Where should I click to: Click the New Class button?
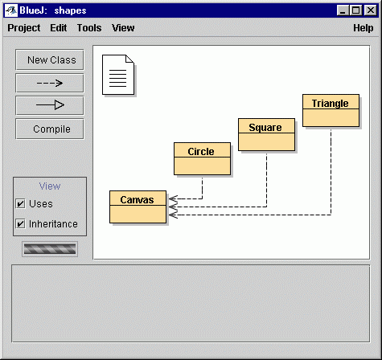click(50, 59)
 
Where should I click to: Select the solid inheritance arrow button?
click(50, 105)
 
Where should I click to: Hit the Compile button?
click(50, 129)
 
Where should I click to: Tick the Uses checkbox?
click(21, 203)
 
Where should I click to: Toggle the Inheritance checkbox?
click(21, 223)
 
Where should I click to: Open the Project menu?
click(24, 28)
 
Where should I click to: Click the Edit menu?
click(59, 28)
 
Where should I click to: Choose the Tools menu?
click(89, 28)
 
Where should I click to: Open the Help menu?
click(363, 28)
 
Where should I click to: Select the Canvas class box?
click(138, 207)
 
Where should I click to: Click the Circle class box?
click(202, 158)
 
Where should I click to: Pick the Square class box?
click(266, 134)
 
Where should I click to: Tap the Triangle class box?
click(331, 110)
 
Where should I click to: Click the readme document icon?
click(118, 75)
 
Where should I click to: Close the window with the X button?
click(371, 10)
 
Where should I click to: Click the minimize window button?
click(343, 10)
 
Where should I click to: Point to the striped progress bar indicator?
click(50, 249)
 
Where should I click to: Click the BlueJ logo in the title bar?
click(11, 10)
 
